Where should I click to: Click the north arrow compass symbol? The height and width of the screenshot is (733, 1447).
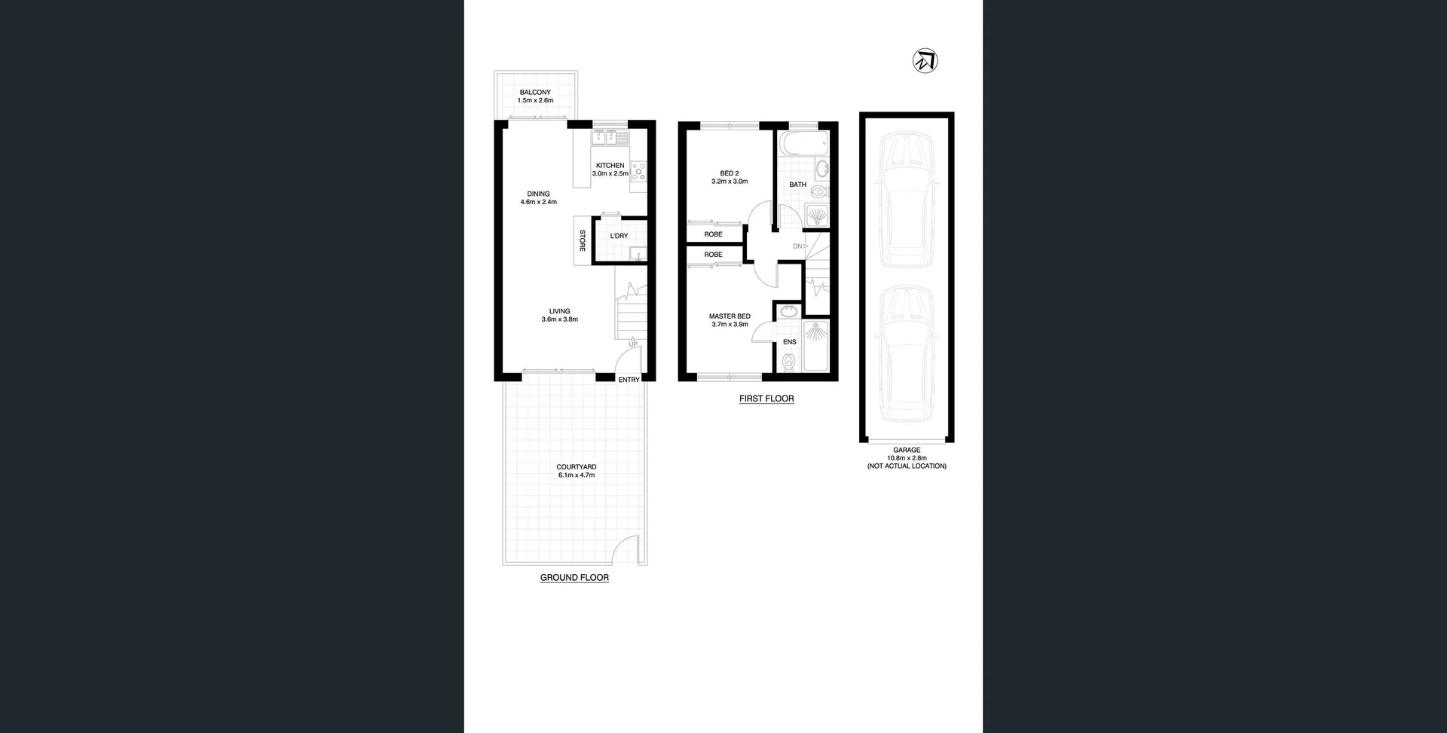pos(925,60)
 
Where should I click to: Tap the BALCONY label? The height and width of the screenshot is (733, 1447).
pos(535,92)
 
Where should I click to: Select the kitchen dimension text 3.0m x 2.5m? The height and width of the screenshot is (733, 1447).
pos(610,174)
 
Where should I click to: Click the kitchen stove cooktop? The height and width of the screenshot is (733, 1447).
pos(638,172)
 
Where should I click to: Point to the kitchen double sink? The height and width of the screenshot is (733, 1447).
pos(610,138)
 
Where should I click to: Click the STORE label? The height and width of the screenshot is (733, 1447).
pos(582,240)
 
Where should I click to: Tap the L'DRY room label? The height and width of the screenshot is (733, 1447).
pos(619,236)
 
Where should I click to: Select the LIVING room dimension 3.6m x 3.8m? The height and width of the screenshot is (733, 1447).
pos(559,319)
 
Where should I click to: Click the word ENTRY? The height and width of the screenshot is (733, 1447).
pos(629,380)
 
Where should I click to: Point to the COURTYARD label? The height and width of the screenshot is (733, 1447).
pos(577,467)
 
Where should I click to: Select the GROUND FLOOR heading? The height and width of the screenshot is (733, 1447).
pos(574,578)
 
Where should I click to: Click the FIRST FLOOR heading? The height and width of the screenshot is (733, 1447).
pos(766,399)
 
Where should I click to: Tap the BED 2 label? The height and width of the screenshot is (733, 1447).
pos(730,173)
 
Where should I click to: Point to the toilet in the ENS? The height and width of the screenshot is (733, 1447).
pos(788,362)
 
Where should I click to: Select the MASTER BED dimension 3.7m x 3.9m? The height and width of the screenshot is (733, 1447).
pos(730,325)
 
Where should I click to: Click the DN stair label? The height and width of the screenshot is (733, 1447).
pos(797,246)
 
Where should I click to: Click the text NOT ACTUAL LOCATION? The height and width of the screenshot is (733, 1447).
pos(907,466)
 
